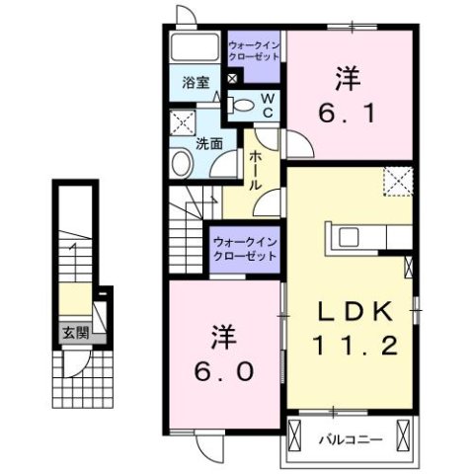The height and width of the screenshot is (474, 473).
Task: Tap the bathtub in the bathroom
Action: click(194, 47)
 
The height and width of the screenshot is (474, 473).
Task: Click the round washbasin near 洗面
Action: click(182, 163)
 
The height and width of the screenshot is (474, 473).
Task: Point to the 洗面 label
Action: click(207, 142)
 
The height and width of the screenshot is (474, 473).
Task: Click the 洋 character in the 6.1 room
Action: click(348, 76)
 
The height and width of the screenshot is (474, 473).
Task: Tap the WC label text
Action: click(267, 104)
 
